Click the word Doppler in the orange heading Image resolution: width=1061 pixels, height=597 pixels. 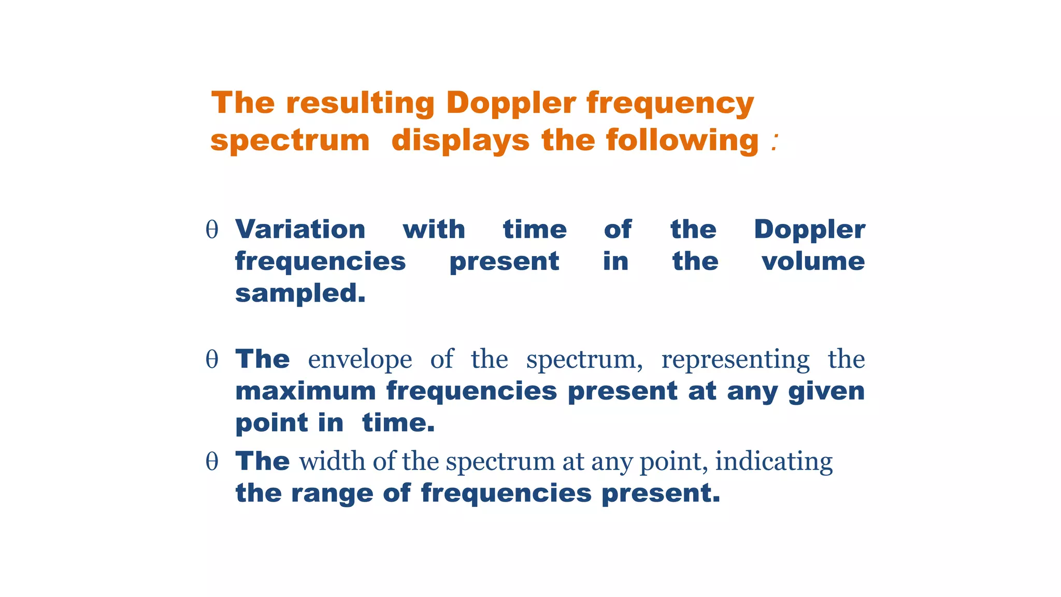[x=510, y=103]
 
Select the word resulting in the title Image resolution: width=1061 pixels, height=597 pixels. [x=360, y=103]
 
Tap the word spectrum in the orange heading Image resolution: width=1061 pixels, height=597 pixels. [x=290, y=140]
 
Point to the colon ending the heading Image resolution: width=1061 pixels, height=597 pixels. [x=775, y=141]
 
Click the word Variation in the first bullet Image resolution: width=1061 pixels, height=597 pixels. [x=300, y=229]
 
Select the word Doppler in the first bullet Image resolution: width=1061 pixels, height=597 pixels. [x=809, y=229]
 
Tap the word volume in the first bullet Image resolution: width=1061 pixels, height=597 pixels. [x=813, y=261]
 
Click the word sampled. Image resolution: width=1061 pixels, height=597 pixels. [x=300, y=293]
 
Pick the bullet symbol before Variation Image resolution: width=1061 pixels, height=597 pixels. [x=212, y=230]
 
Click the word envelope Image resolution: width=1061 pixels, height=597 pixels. [x=360, y=359]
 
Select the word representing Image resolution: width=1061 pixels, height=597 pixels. [x=735, y=359]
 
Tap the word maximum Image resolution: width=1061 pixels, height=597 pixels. [x=306, y=391]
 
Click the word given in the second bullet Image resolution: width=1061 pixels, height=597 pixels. [x=826, y=391]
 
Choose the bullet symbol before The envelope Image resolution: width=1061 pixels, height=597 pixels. [x=212, y=359]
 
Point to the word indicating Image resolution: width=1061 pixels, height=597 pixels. [x=774, y=461]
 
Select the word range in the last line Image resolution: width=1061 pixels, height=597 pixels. [x=332, y=493]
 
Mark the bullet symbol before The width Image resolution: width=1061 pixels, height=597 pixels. [x=212, y=461]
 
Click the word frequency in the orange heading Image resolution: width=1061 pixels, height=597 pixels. [x=670, y=103]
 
